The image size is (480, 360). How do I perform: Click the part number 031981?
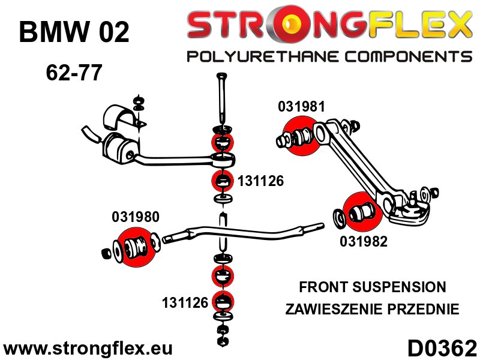point(301,107)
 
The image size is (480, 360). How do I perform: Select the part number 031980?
point(136,217)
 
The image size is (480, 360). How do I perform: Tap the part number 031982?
point(364,242)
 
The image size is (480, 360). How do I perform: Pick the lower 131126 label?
point(184,303)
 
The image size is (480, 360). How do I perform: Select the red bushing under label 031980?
point(137,247)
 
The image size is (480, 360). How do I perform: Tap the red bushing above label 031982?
point(361,211)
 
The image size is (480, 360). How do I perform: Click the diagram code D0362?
point(442,348)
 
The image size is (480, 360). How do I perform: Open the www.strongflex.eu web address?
point(88,349)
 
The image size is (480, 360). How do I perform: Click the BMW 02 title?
point(74,33)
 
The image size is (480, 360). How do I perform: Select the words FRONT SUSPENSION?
point(373,287)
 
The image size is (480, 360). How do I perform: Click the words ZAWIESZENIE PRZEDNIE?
point(373,310)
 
